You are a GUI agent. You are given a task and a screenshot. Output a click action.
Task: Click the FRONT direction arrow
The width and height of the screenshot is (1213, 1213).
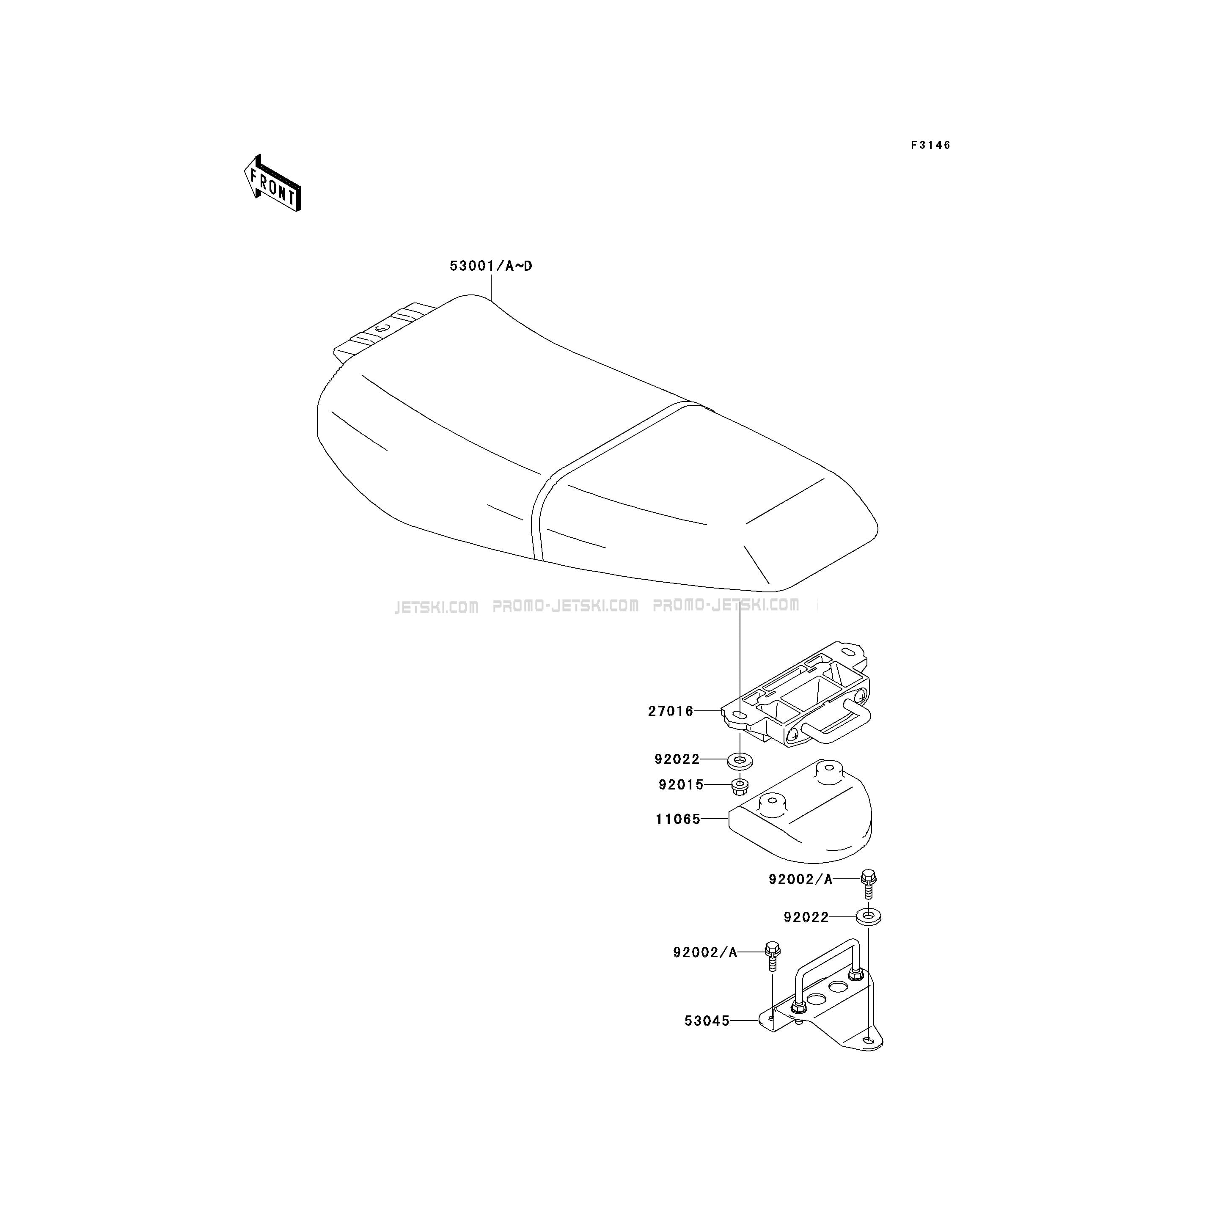pyautogui.click(x=272, y=183)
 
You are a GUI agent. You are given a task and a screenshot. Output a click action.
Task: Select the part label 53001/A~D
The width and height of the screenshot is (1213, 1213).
pyautogui.click(x=491, y=266)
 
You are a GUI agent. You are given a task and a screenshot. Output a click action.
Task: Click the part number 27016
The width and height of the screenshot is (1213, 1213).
pyautogui.click(x=671, y=711)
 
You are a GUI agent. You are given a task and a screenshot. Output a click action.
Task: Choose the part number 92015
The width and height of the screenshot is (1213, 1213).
pyautogui.click(x=681, y=785)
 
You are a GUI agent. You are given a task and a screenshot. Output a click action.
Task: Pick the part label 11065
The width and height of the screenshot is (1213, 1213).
pyautogui.click(x=678, y=820)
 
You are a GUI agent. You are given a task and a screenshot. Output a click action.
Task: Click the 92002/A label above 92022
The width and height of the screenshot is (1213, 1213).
pyautogui.click(x=800, y=880)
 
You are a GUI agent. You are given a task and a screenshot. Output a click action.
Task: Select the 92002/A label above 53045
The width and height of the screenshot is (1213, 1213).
pyautogui.click(x=705, y=952)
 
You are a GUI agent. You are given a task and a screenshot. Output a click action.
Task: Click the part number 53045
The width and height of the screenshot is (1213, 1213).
pyautogui.click(x=707, y=1021)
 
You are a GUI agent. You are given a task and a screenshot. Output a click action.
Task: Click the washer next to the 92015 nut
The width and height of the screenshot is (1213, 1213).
pyautogui.click(x=740, y=761)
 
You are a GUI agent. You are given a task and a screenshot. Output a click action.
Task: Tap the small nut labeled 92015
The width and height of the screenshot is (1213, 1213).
pyautogui.click(x=740, y=786)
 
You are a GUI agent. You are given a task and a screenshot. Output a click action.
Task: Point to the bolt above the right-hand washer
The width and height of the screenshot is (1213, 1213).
pyautogui.click(x=868, y=884)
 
